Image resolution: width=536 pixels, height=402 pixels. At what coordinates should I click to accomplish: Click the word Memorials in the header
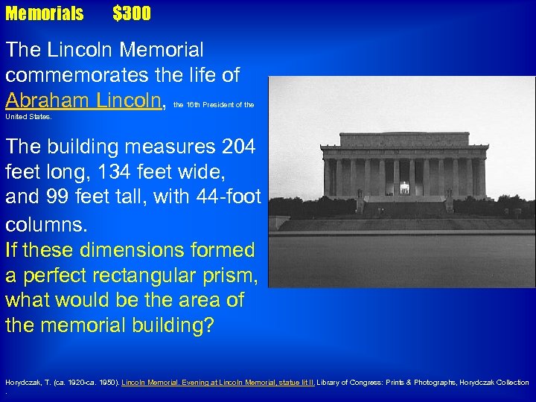(45, 13)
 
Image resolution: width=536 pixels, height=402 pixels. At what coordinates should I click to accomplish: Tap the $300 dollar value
(132, 13)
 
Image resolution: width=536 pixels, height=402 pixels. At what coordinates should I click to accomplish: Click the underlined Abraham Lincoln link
(85, 100)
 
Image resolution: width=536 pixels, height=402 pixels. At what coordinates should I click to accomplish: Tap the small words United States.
(28, 117)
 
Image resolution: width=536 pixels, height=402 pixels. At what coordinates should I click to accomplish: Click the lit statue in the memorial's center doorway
(404, 188)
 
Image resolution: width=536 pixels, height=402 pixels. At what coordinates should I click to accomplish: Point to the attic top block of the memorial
(404, 139)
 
